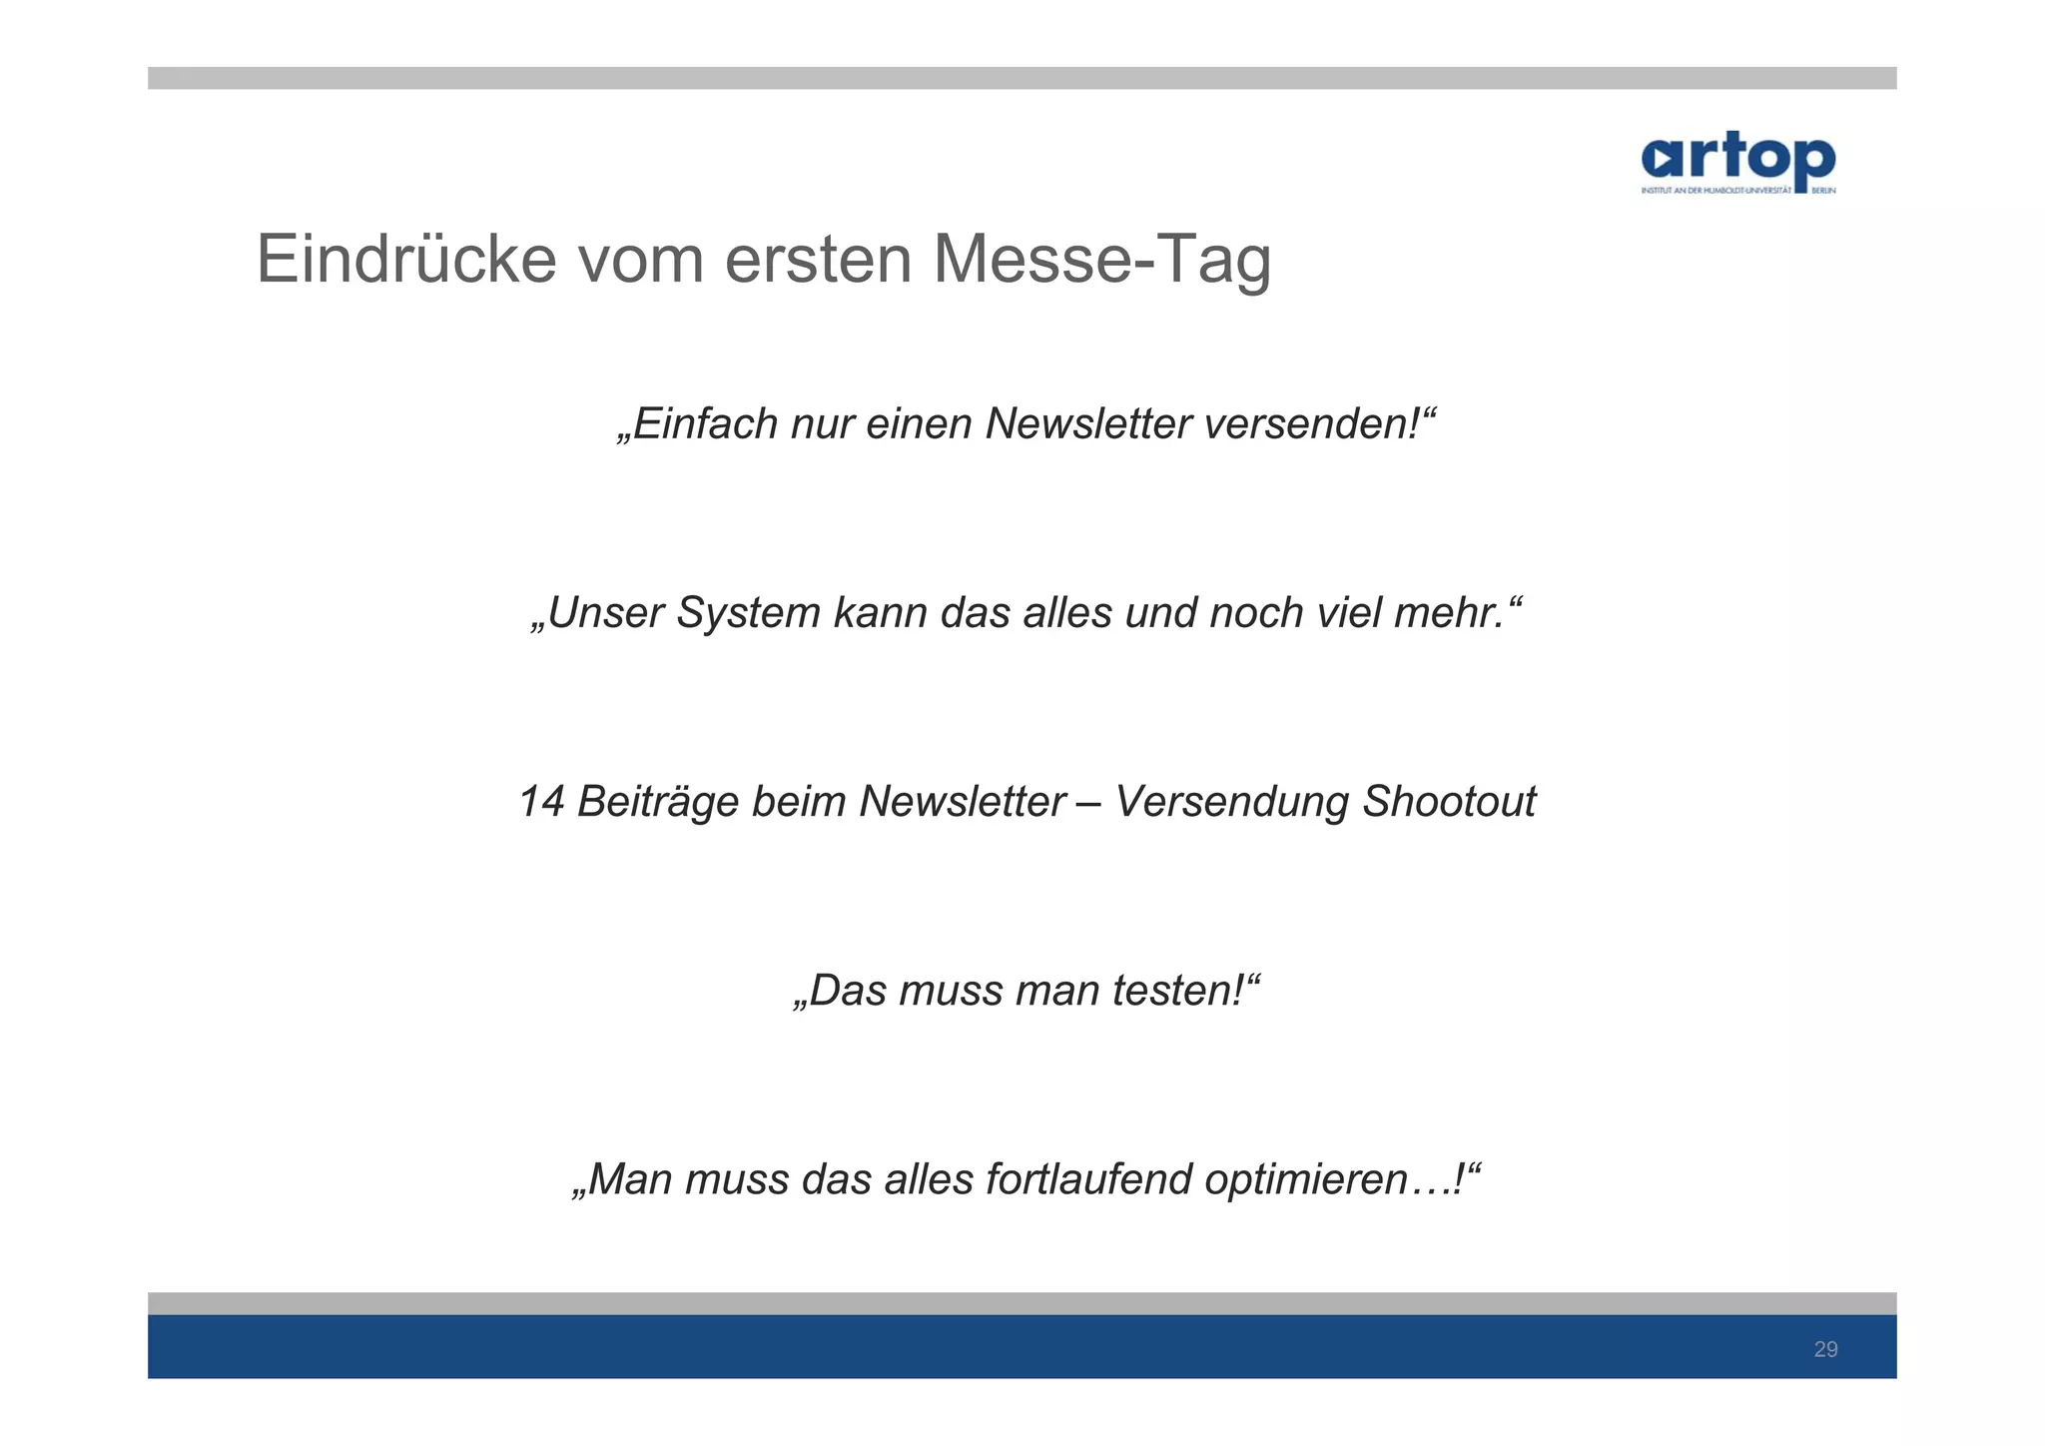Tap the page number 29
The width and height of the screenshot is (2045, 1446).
(1825, 1350)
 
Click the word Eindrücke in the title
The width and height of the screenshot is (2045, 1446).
(405, 259)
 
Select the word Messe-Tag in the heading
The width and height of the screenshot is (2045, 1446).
(1101, 259)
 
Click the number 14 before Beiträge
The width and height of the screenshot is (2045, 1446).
(542, 802)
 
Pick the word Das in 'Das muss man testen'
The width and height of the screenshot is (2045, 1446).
(847, 991)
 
